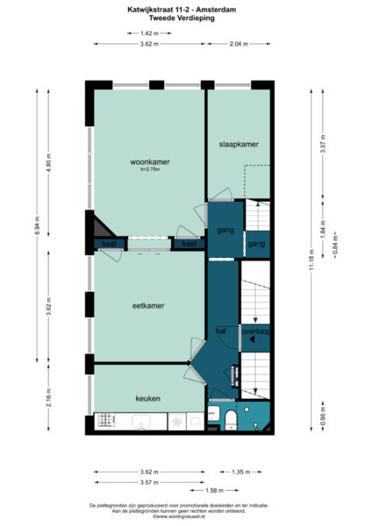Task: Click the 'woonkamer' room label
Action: pyautogui.click(x=149, y=162)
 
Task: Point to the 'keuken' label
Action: pyautogui.click(x=147, y=398)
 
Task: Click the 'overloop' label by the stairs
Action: pyautogui.click(x=255, y=331)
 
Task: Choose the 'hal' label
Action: pyautogui.click(x=220, y=331)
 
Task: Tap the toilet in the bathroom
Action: pyautogui.click(x=230, y=418)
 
